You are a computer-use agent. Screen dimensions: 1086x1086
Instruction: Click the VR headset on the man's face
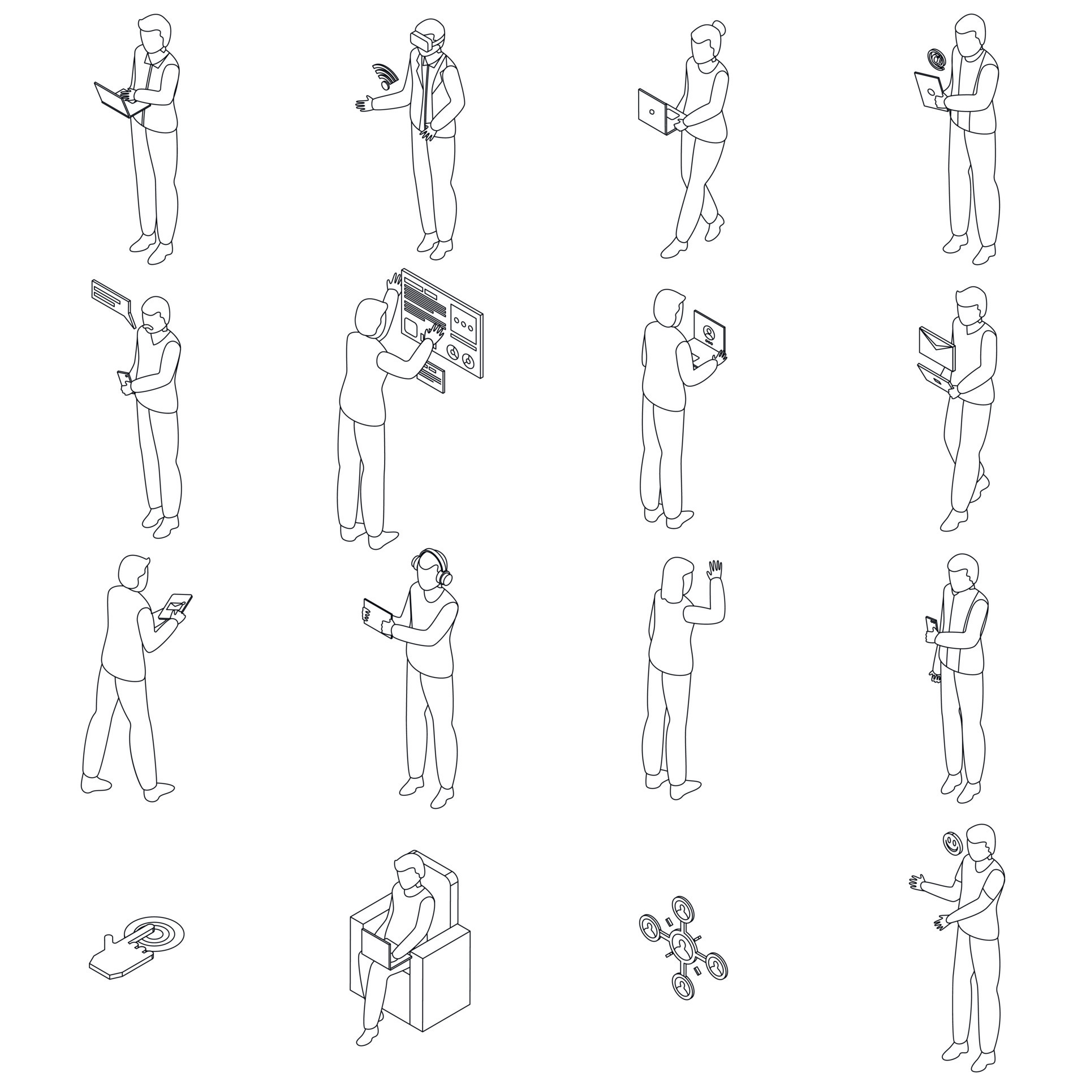pyautogui.click(x=423, y=40)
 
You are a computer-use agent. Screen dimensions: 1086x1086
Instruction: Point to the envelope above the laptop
pyautogui.click(x=937, y=346)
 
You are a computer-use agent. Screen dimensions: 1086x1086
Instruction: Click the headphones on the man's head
pyautogui.click(x=432, y=566)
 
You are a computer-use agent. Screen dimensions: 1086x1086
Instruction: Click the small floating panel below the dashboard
pyautogui.click(x=432, y=377)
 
